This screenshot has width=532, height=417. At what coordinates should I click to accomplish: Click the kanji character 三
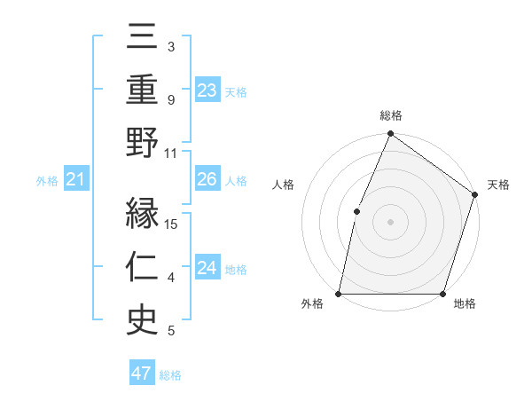click(x=142, y=37)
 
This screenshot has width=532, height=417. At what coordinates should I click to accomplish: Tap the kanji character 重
click(x=142, y=89)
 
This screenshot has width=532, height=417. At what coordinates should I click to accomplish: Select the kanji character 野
click(x=142, y=143)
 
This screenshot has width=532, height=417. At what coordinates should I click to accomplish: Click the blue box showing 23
click(x=207, y=90)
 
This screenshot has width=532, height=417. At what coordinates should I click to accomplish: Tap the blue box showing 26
click(x=207, y=179)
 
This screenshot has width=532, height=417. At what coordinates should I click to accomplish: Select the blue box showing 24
click(x=207, y=268)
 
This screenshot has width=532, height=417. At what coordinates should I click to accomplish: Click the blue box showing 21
click(x=75, y=180)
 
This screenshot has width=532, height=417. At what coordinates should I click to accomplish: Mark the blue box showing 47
click(x=142, y=374)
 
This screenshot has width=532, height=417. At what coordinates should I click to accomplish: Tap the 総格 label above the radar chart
click(x=390, y=116)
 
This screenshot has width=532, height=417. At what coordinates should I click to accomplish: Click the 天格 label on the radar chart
click(x=498, y=185)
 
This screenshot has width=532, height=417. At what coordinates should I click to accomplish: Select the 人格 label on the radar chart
click(x=283, y=185)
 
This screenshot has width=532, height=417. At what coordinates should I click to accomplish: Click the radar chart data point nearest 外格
click(x=339, y=293)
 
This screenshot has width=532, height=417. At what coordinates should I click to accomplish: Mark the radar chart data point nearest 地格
click(x=442, y=293)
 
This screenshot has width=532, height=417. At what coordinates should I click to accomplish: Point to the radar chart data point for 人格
click(x=356, y=210)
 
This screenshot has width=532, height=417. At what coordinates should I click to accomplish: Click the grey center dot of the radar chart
click(x=390, y=221)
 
